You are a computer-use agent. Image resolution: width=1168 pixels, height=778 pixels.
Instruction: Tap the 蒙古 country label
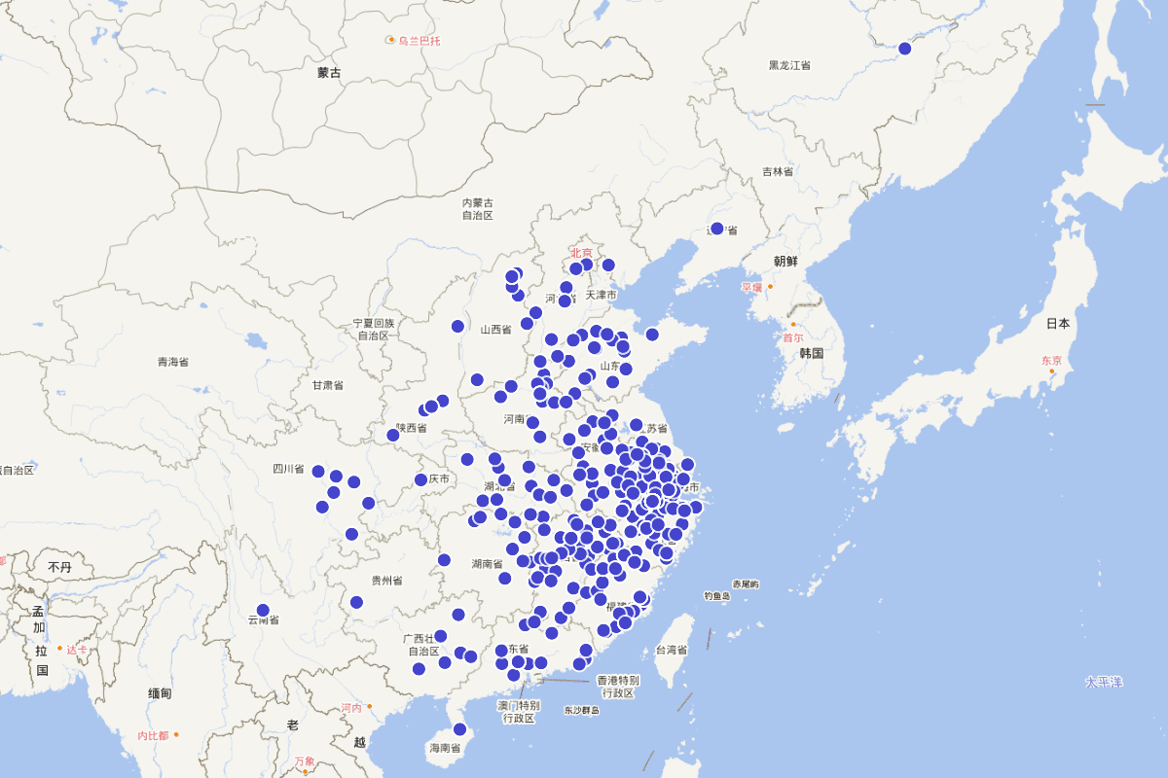[x=329, y=73]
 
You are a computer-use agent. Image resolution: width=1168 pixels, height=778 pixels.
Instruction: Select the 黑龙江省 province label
[x=789, y=65]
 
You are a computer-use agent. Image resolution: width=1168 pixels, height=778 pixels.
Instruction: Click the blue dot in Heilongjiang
[x=904, y=49]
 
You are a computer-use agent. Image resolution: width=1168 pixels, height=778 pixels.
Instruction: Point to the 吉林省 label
[x=777, y=172]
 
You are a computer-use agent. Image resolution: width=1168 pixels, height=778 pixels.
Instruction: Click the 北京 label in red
[x=581, y=253]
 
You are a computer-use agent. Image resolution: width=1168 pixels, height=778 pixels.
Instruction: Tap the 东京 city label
[x=1051, y=360]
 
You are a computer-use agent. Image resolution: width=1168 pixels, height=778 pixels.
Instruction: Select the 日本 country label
[x=1058, y=323]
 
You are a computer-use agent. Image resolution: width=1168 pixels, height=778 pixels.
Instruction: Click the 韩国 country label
[x=812, y=353]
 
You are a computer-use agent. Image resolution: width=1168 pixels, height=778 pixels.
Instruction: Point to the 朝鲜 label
[x=785, y=262]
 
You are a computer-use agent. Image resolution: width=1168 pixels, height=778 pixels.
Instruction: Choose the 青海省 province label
[x=173, y=362]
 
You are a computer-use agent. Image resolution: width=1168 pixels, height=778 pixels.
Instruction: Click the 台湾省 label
[x=672, y=650]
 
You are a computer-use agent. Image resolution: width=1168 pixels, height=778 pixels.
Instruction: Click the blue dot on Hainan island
[x=459, y=729]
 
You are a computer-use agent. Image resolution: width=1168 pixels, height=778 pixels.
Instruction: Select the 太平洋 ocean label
[x=1104, y=682]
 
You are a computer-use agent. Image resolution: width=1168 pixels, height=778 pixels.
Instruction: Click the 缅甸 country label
[x=160, y=693]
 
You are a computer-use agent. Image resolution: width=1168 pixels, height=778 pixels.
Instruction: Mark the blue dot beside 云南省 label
[x=263, y=610]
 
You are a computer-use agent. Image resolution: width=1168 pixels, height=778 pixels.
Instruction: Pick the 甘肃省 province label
[x=327, y=385]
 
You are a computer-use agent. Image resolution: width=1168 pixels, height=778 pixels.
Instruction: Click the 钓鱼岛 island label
[x=716, y=596]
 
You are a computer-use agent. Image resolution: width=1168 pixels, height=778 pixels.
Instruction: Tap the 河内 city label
[x=351, y=708]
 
